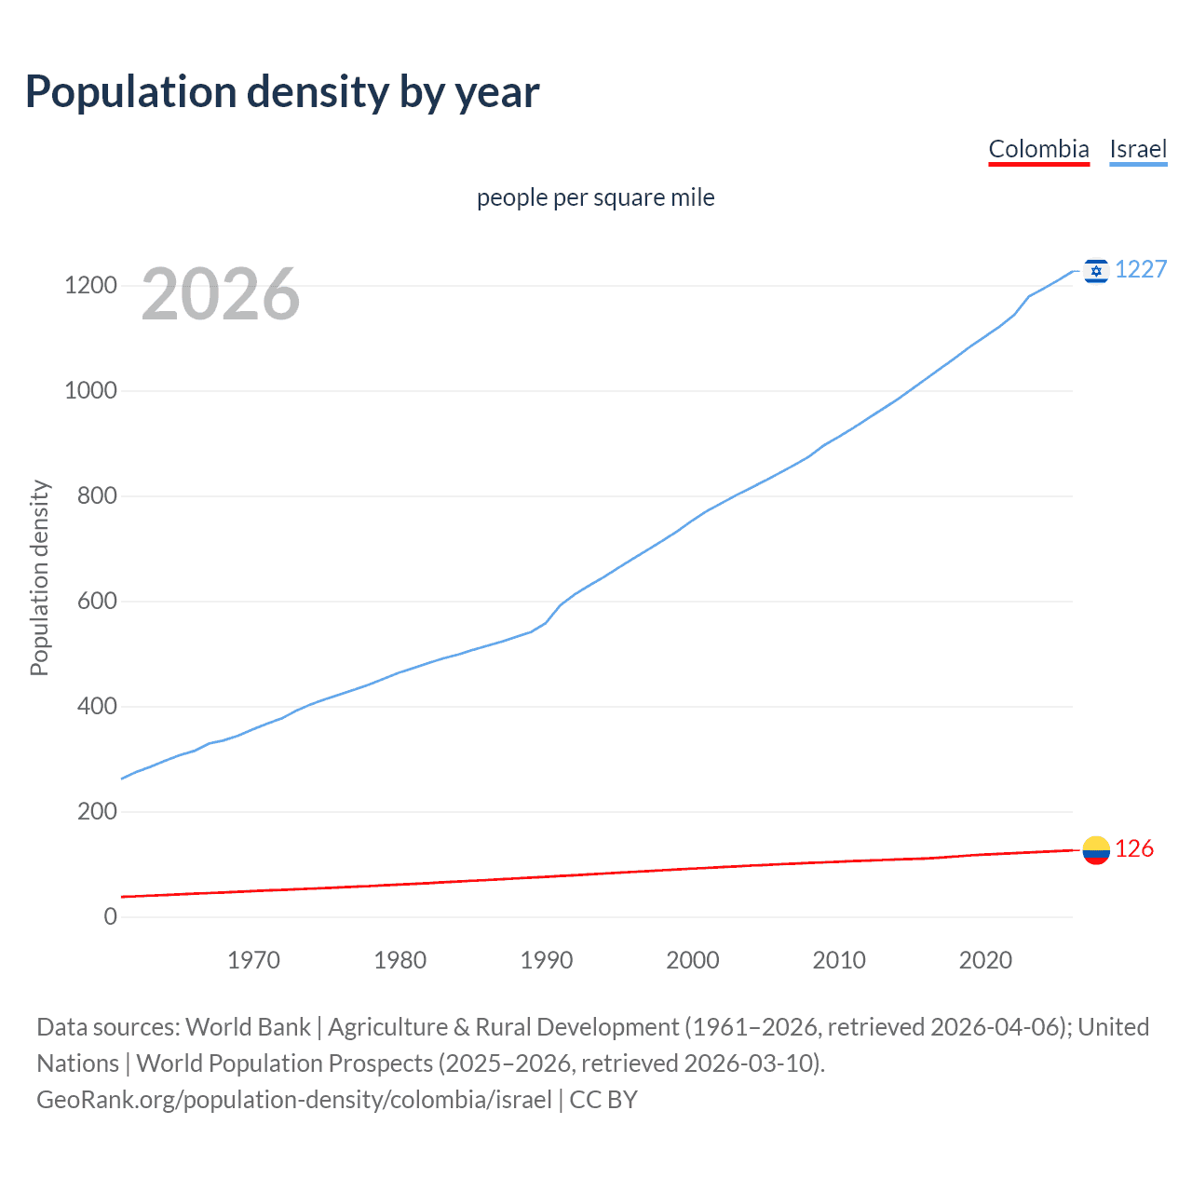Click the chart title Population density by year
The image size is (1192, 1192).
point(282,92)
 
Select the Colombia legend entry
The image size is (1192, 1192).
point(1038,149)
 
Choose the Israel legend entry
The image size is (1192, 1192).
point(1138,149)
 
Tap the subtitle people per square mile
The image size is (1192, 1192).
point(596,197)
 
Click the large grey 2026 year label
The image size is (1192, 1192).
point(221,294)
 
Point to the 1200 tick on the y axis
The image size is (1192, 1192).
point(90,286)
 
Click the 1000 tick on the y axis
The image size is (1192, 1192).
point(90,391)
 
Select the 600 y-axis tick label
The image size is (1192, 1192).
point(97,602)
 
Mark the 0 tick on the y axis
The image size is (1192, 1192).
point(111,917)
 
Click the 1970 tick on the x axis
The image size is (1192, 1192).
point(253,960)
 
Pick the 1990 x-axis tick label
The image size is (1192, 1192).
point(547,960)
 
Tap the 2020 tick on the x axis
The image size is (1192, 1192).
point(985,960)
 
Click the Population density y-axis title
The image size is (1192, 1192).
point(39,577)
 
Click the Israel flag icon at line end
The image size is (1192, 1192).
point(1096,270)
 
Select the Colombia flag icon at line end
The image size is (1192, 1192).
point(1096,849)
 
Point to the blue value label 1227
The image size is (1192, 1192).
point(1141,270)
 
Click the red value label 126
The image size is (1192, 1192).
point(1134,849)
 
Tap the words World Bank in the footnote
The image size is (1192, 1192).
point(248,1027)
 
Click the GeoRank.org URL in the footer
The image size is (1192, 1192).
point(294,1100)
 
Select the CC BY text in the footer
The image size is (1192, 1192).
point(603,1100)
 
